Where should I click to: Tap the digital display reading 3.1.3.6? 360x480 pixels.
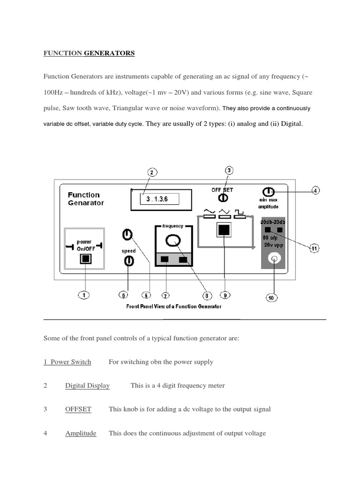coord(161,199)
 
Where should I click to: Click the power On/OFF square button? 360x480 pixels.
coord(85,259)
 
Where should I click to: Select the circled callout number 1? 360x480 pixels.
coord(84,295)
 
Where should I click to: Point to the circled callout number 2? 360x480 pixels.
coord(151,172)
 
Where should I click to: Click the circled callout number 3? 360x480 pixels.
coord(229,171)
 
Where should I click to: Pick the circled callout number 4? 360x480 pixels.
coord(316,191)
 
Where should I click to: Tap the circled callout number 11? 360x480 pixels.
coord(314,248)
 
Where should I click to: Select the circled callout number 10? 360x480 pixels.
coord(272,298)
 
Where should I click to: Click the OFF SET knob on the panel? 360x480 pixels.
coord(223,198)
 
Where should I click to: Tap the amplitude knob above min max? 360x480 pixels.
coord(268,192)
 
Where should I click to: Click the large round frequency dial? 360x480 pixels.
coord(173,240)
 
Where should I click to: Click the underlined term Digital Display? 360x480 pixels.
coord(87,386)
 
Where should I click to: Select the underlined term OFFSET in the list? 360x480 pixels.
coord(78,409)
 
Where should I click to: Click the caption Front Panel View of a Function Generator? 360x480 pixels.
coord(174,307)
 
